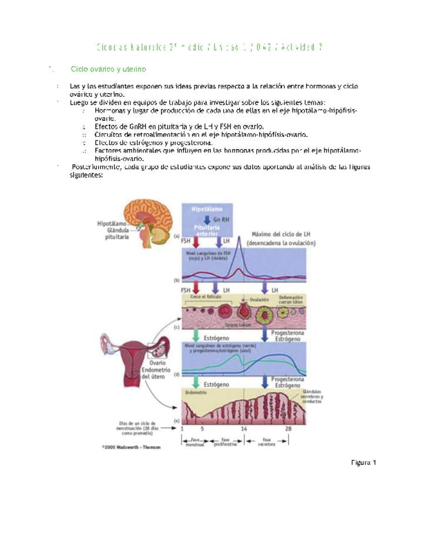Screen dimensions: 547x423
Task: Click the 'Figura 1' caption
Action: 363,462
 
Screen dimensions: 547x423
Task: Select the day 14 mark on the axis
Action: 243,430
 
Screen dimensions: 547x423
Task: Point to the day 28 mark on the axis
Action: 288,430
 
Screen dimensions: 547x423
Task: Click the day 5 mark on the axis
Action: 202,430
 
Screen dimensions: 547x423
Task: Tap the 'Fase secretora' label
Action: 267,441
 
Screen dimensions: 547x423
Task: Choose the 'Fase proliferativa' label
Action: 226,441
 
